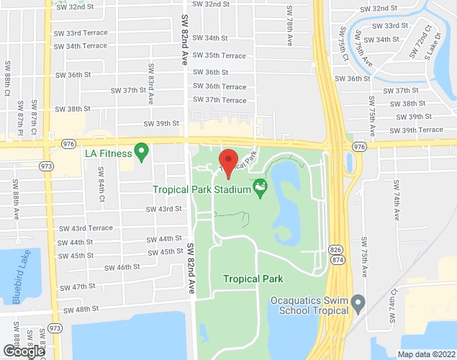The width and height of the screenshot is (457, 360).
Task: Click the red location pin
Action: point(229,162)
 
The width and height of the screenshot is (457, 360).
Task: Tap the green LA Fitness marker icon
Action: point(142,152)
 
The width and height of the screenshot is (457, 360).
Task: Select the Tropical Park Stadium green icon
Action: point(261,190)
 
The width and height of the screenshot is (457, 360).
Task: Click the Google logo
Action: point(23,351)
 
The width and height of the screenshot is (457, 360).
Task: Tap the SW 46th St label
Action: point(122,267)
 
